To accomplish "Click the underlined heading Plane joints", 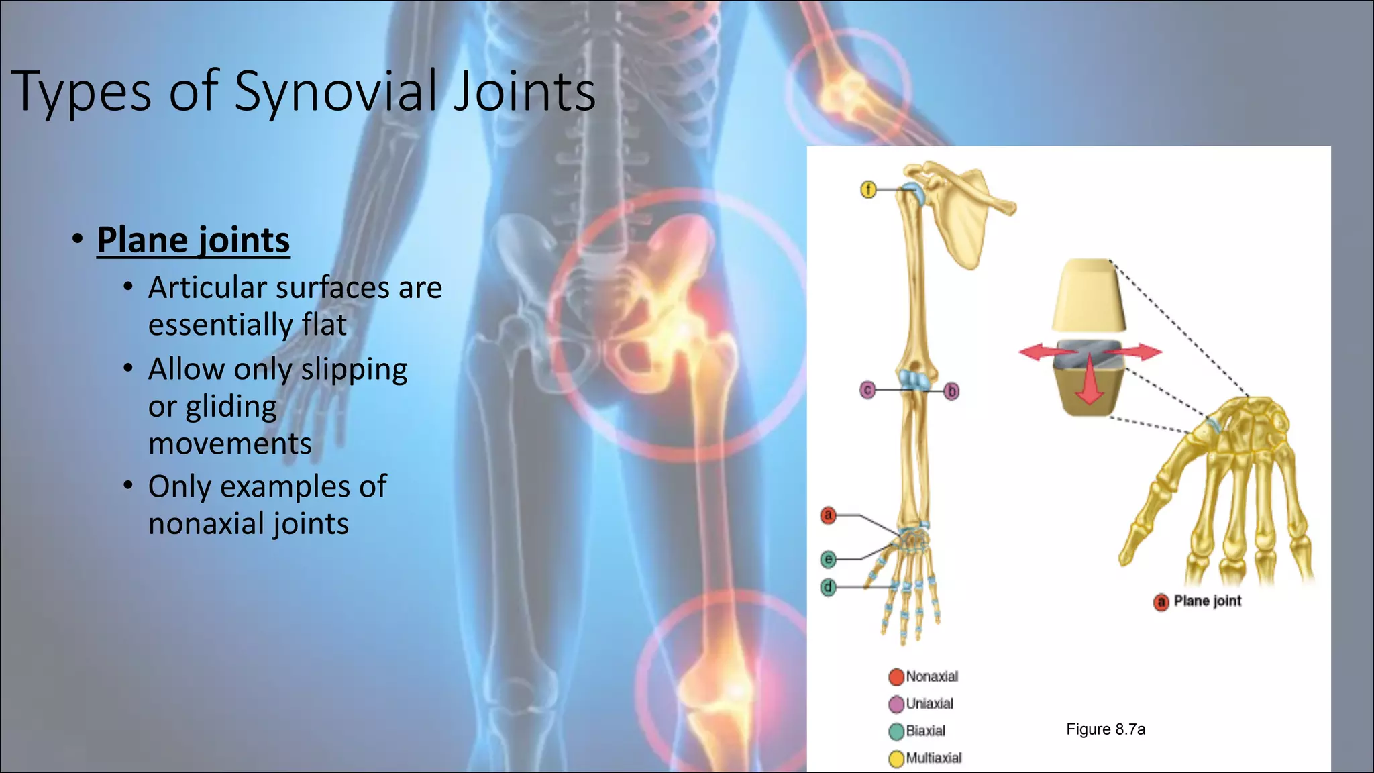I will (193, 240).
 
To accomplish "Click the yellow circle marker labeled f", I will (868, 190).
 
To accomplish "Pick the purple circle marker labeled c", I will (867, 390).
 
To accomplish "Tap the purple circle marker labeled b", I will (951, 391).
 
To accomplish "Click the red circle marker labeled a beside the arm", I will (828, 515).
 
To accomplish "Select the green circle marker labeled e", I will (828, 559).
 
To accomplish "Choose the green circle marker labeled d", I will (828, 587).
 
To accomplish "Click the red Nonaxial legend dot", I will (896, 677).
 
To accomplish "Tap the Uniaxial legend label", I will (929, 704).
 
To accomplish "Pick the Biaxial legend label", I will (925, 731).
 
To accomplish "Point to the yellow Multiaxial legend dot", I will (896, 759).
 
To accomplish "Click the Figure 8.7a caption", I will (1106, 729).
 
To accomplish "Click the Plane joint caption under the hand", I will (1207, 601).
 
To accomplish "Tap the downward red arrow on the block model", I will (1090, 382).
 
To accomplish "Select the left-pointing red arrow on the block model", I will (1037, 352).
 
